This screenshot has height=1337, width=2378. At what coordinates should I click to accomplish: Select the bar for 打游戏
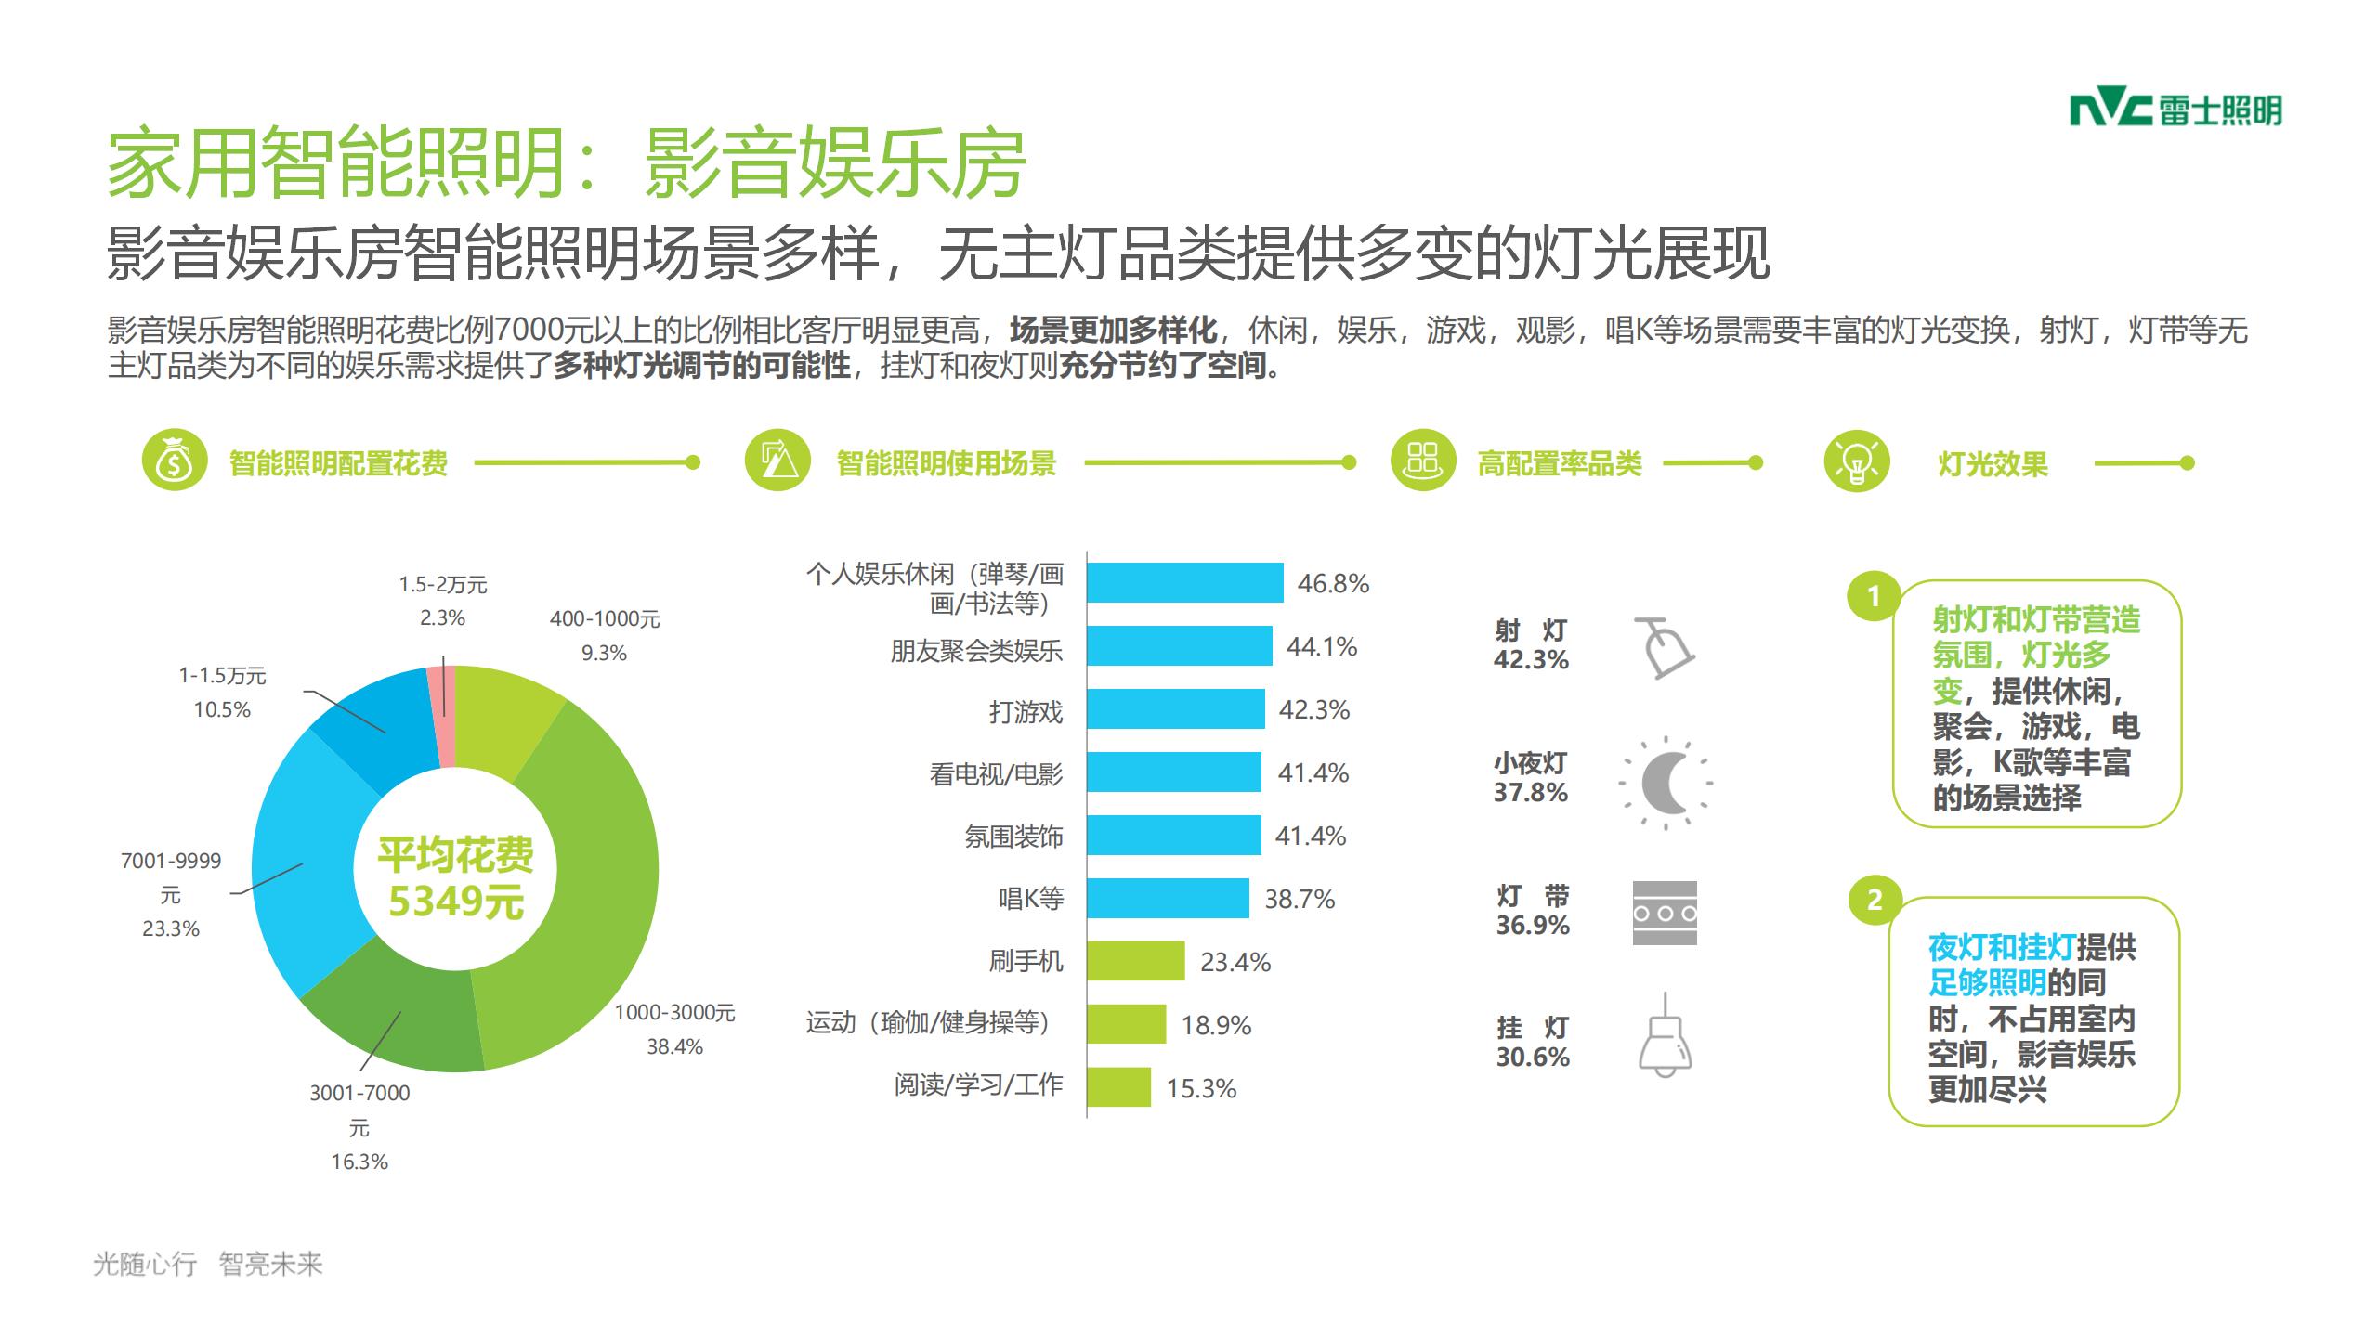tap(1175, 709)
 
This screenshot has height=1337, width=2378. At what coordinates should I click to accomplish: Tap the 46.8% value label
tap(1333, 583)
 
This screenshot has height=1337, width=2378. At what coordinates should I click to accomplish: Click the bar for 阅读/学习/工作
tap(1118, 1087)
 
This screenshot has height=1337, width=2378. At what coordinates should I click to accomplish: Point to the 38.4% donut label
tap(674, 1046)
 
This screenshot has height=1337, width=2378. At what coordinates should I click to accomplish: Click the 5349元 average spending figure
tap(455, 902)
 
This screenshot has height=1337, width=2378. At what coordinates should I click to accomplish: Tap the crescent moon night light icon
tap(1665, 783)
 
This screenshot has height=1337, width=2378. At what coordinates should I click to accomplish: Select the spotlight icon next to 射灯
tap(1664, 647)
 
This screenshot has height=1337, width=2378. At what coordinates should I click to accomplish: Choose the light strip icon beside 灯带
tap(1665, 914)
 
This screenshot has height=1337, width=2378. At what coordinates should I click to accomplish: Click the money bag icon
tap(174, 461)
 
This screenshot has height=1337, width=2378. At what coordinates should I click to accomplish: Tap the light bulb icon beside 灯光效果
tap(1857, 461)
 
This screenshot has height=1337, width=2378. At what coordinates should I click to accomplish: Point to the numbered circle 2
tap(1875, 900)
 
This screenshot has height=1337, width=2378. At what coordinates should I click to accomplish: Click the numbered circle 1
tap(1875, 595)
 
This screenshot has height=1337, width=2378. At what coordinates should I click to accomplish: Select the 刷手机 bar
tap(1135, 961)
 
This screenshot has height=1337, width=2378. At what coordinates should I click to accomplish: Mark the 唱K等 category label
tap(1030, 899)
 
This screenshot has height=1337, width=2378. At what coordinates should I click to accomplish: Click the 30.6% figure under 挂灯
tap(1533, 1057)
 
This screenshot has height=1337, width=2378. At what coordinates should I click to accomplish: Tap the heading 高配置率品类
tap(1560, 463)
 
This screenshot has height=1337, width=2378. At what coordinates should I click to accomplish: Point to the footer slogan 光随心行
tap(145, 1264)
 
